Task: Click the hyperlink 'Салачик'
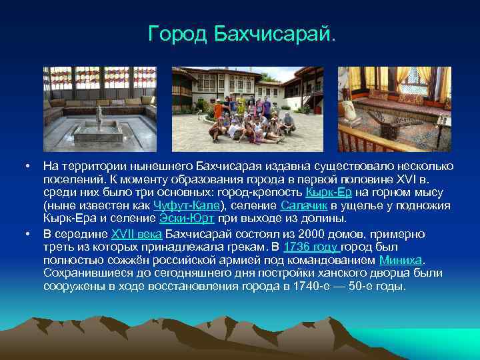click(x=304, y=205)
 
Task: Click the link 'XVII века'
click(x=136, y=233)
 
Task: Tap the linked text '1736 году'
click(x=311, y=247)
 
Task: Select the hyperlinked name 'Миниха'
click(x=401, y=260)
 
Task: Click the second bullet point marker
click(x=27, y=233)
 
